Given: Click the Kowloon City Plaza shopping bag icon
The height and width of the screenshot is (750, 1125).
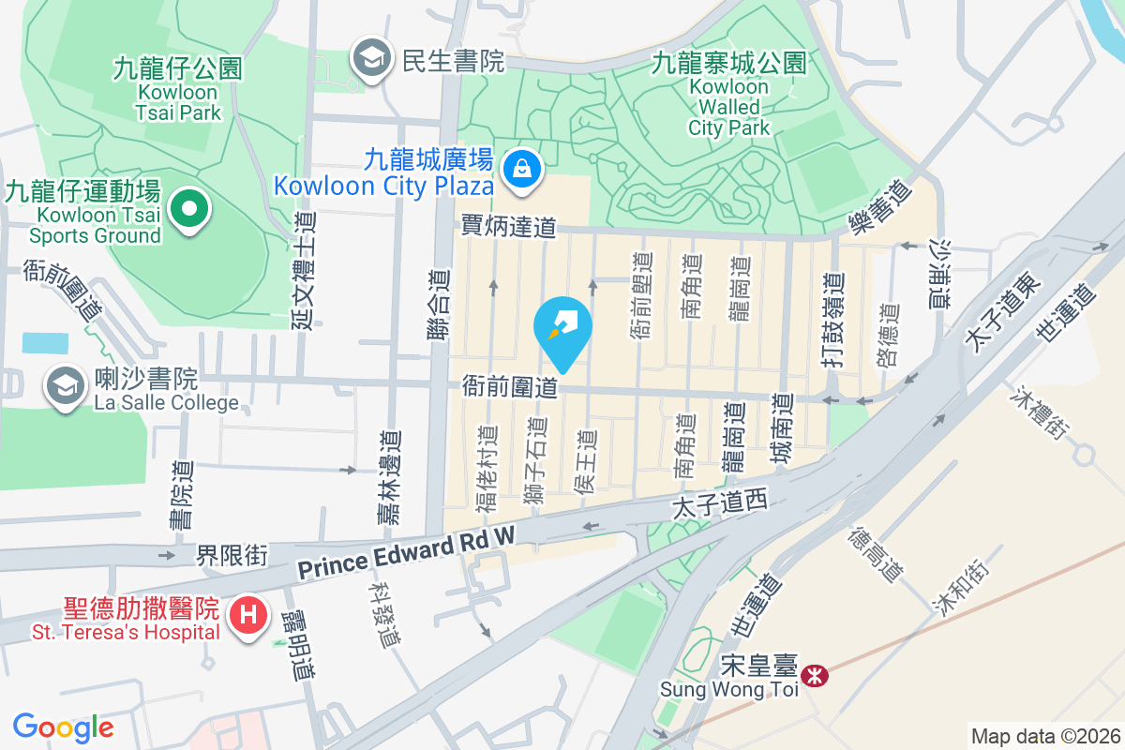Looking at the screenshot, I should [518, 170].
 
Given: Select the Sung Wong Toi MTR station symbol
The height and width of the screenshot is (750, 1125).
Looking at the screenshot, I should [816, 674].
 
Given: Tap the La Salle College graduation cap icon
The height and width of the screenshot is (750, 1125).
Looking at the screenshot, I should [65, 385].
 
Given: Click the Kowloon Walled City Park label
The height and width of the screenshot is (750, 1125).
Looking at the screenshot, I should [729, 107].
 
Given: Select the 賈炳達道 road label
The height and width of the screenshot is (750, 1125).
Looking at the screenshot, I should [509, 226].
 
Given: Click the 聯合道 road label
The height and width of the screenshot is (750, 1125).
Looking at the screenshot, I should [439, 306].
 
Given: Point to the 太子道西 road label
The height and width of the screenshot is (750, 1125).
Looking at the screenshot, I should [720, 505].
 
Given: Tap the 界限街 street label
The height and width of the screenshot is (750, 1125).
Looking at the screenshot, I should [232, 556].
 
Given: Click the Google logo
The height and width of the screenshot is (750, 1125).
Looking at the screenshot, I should [63, 727].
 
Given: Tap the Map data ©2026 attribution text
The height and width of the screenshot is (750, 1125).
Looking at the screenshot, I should [1044, 736].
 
